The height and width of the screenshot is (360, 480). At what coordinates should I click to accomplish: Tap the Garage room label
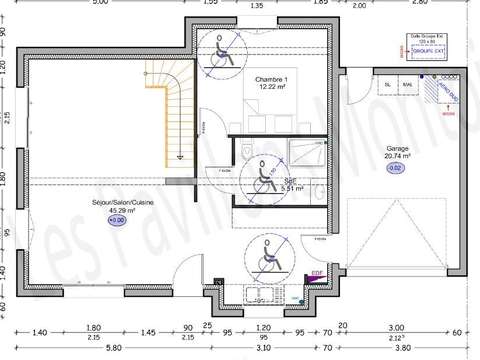click(x=397, y=147)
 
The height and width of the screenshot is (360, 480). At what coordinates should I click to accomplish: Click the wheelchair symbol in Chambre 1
click(x=221, y=51)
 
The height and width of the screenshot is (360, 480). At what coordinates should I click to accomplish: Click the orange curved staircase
click(x=166, y=110)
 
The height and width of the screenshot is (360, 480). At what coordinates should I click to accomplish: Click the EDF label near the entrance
click(x=316, y=274)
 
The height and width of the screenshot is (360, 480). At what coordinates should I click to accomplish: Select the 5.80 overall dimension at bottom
click(x=85, y=347)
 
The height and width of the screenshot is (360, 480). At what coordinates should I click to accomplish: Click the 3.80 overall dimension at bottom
click(x=399, y=347)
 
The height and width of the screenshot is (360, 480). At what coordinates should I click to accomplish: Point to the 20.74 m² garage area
click(x=397, y=156)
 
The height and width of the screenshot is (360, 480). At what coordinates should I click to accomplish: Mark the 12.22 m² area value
click(x=273, y=88)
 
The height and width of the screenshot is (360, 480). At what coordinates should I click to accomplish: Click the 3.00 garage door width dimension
click(x=396, y=327)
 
